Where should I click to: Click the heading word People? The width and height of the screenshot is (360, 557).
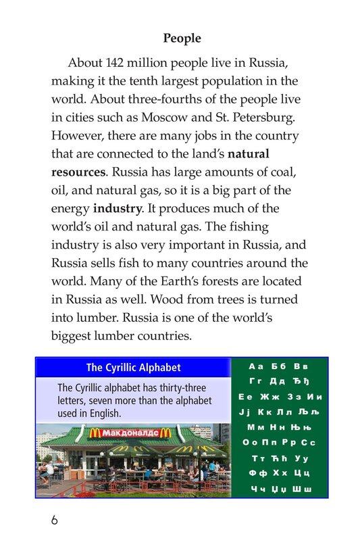(x=182, y=39)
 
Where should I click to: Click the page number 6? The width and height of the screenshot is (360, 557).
(x=55, y=520)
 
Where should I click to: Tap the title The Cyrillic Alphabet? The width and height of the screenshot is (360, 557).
(x=134, y=368)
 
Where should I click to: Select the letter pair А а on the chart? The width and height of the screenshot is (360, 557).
(x=256, y=366)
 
